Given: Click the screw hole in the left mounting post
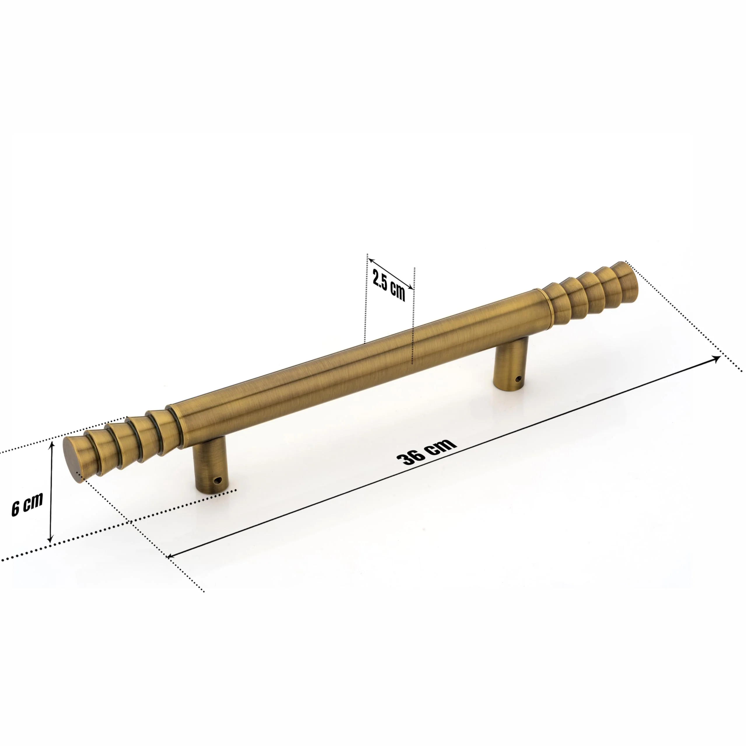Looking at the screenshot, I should click(x=219, y=480).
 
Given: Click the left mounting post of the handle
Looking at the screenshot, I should click(x=210, y=467).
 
